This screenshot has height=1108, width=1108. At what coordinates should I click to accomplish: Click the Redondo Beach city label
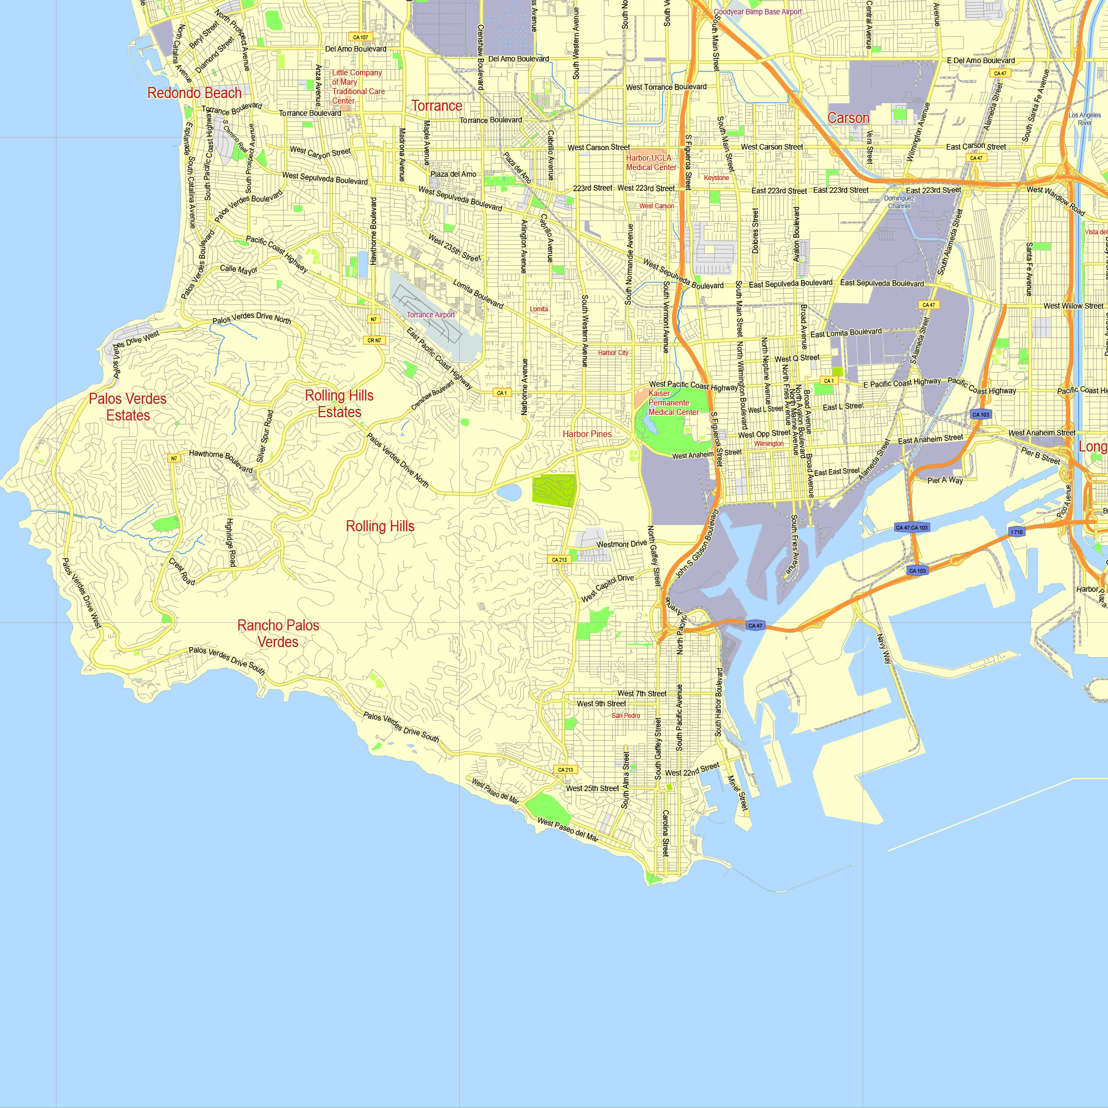coord(194,93)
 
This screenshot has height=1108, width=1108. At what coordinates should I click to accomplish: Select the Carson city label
coord(848,118)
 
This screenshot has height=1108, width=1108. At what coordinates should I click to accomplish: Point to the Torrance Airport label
coord(430,315)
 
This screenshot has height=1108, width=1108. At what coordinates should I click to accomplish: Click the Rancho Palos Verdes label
coord(278,634)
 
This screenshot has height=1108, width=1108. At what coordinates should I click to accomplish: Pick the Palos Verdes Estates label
coord(128,407)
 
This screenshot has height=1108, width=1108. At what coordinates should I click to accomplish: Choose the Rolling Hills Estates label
coord(340,404)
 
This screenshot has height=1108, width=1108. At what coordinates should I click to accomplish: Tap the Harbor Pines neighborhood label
coord(587,434)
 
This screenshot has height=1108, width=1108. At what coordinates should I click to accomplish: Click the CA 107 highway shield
coord(361,37)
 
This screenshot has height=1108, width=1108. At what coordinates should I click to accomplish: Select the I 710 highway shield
coord(1017,532)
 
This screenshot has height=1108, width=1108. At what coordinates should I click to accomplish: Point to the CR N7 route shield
coord(375,341)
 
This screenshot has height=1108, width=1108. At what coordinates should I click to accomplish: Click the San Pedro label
coord(625,716)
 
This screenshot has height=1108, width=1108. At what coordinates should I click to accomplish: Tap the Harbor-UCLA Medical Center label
coord(651,162)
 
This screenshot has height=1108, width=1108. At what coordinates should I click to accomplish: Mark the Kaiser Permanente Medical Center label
coord(673,403)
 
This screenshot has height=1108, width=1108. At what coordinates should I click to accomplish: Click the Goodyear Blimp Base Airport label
coord(757,12)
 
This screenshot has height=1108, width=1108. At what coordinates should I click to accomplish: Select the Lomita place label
coord(538,309)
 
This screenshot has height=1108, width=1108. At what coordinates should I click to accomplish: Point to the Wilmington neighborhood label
coord(768,444)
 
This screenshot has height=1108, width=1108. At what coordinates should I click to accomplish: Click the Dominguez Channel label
coord(899,202)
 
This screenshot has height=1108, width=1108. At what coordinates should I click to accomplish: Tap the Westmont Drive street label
coord(622,544)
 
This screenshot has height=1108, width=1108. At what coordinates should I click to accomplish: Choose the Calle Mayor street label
coord(239,269)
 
